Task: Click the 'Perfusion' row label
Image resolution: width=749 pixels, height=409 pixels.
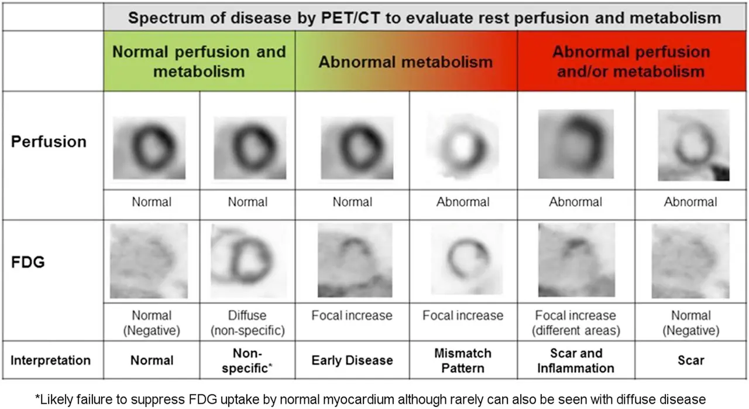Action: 49,142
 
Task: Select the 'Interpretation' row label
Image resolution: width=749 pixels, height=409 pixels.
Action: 50,359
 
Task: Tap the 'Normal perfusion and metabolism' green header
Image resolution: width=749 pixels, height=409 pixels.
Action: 199,61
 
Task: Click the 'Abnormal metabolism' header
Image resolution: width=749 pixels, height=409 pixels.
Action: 406,62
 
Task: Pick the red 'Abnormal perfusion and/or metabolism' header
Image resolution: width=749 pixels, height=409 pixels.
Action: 631,61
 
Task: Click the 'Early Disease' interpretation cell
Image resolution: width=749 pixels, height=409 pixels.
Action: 352,360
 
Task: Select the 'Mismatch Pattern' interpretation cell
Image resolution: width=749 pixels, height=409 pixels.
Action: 463,360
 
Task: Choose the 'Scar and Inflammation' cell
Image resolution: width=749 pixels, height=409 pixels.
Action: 576,360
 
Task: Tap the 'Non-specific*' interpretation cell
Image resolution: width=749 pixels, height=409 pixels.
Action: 248,360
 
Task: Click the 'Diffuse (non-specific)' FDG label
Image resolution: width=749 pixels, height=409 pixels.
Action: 248,322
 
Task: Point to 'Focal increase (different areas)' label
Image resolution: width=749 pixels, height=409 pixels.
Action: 576,322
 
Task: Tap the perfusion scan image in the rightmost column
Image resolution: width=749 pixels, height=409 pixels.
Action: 693,145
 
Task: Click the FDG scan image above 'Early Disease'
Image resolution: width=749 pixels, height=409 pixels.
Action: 355,260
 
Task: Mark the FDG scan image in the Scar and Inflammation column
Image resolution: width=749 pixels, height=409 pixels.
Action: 576,260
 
